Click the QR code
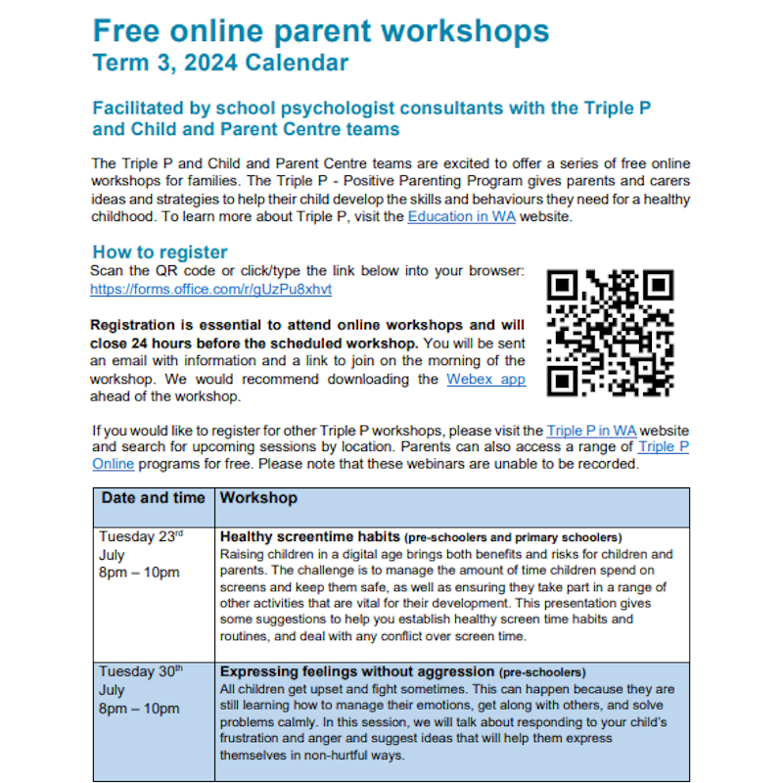click(610, 334)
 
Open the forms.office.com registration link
click(210, 290)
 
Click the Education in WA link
click(462, 217)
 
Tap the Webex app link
click(485, 379)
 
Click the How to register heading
click(160, 252)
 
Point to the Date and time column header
click(154, 498)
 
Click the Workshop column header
click(258, 498)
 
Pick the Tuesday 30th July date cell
click(142, 690)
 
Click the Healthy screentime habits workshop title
click(309, 536)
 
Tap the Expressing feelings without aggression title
click(357, 672)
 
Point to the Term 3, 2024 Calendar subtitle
click(220, 65)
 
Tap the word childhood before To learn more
click(125, 217)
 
